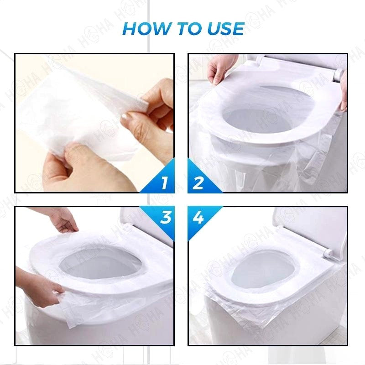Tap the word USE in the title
[x=225, y=29]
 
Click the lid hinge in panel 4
[x=328, y=254]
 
